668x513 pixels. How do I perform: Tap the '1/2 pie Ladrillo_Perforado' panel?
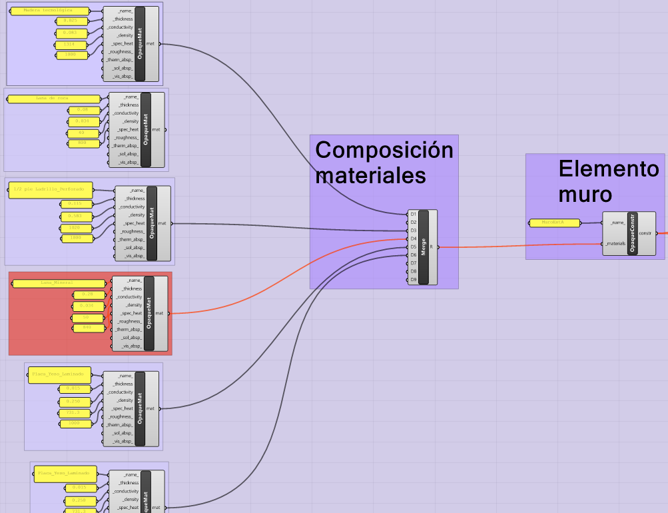tap(49, 190)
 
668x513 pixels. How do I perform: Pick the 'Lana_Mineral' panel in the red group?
tap(59, 283)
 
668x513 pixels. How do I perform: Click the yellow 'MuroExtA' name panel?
tap(554, 223)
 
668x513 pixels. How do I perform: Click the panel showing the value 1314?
tap(71, 45)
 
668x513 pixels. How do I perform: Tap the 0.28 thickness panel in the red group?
tap(87, 294)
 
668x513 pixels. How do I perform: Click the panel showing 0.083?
tap(71, 33)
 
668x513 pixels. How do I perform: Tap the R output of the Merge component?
tap(432, 247)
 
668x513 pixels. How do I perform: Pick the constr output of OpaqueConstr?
tap(645, 233)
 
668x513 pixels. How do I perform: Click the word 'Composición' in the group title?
tap(384, 150)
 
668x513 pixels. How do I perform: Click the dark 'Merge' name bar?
tap(424, 247)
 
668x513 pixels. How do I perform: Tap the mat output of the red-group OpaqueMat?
tap(159, 313)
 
